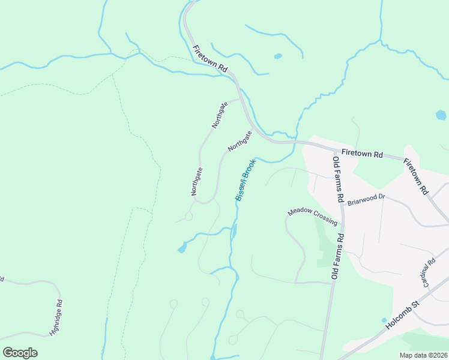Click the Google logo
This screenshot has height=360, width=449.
(20, 353)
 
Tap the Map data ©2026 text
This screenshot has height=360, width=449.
(423, 355)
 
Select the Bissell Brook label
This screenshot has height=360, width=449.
(246, 179)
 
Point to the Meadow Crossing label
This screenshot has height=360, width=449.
(312, 216)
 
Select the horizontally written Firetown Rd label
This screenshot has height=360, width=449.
(362, 154)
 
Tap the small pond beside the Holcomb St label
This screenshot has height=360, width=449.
(384, 320)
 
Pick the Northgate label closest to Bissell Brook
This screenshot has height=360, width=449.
(240, 140)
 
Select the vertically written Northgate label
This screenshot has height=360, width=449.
(197, 182)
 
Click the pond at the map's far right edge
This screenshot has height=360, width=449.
(441, 115)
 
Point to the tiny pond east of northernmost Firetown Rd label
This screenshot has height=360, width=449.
(277, 56)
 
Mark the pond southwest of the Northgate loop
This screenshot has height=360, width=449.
(181, 248)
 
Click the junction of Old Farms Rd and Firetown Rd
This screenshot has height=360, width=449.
(334, 148)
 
